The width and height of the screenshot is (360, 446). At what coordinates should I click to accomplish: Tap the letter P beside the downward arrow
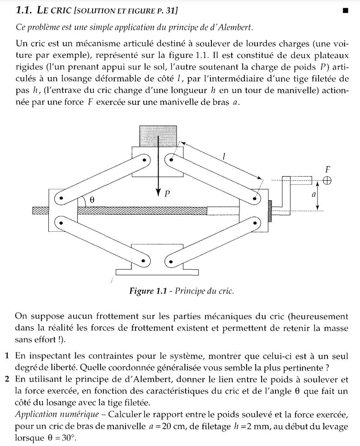click(167, 194)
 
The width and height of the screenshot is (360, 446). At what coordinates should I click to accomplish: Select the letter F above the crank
click(327, 169)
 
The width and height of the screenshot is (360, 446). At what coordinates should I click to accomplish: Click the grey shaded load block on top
click(158, 135)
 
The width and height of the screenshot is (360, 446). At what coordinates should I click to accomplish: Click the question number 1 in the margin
click(7, 355)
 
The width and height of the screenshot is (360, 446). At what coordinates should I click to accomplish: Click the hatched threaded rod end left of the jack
click(40, 210)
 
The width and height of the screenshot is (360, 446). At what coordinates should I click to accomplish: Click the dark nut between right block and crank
click(270, 211)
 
